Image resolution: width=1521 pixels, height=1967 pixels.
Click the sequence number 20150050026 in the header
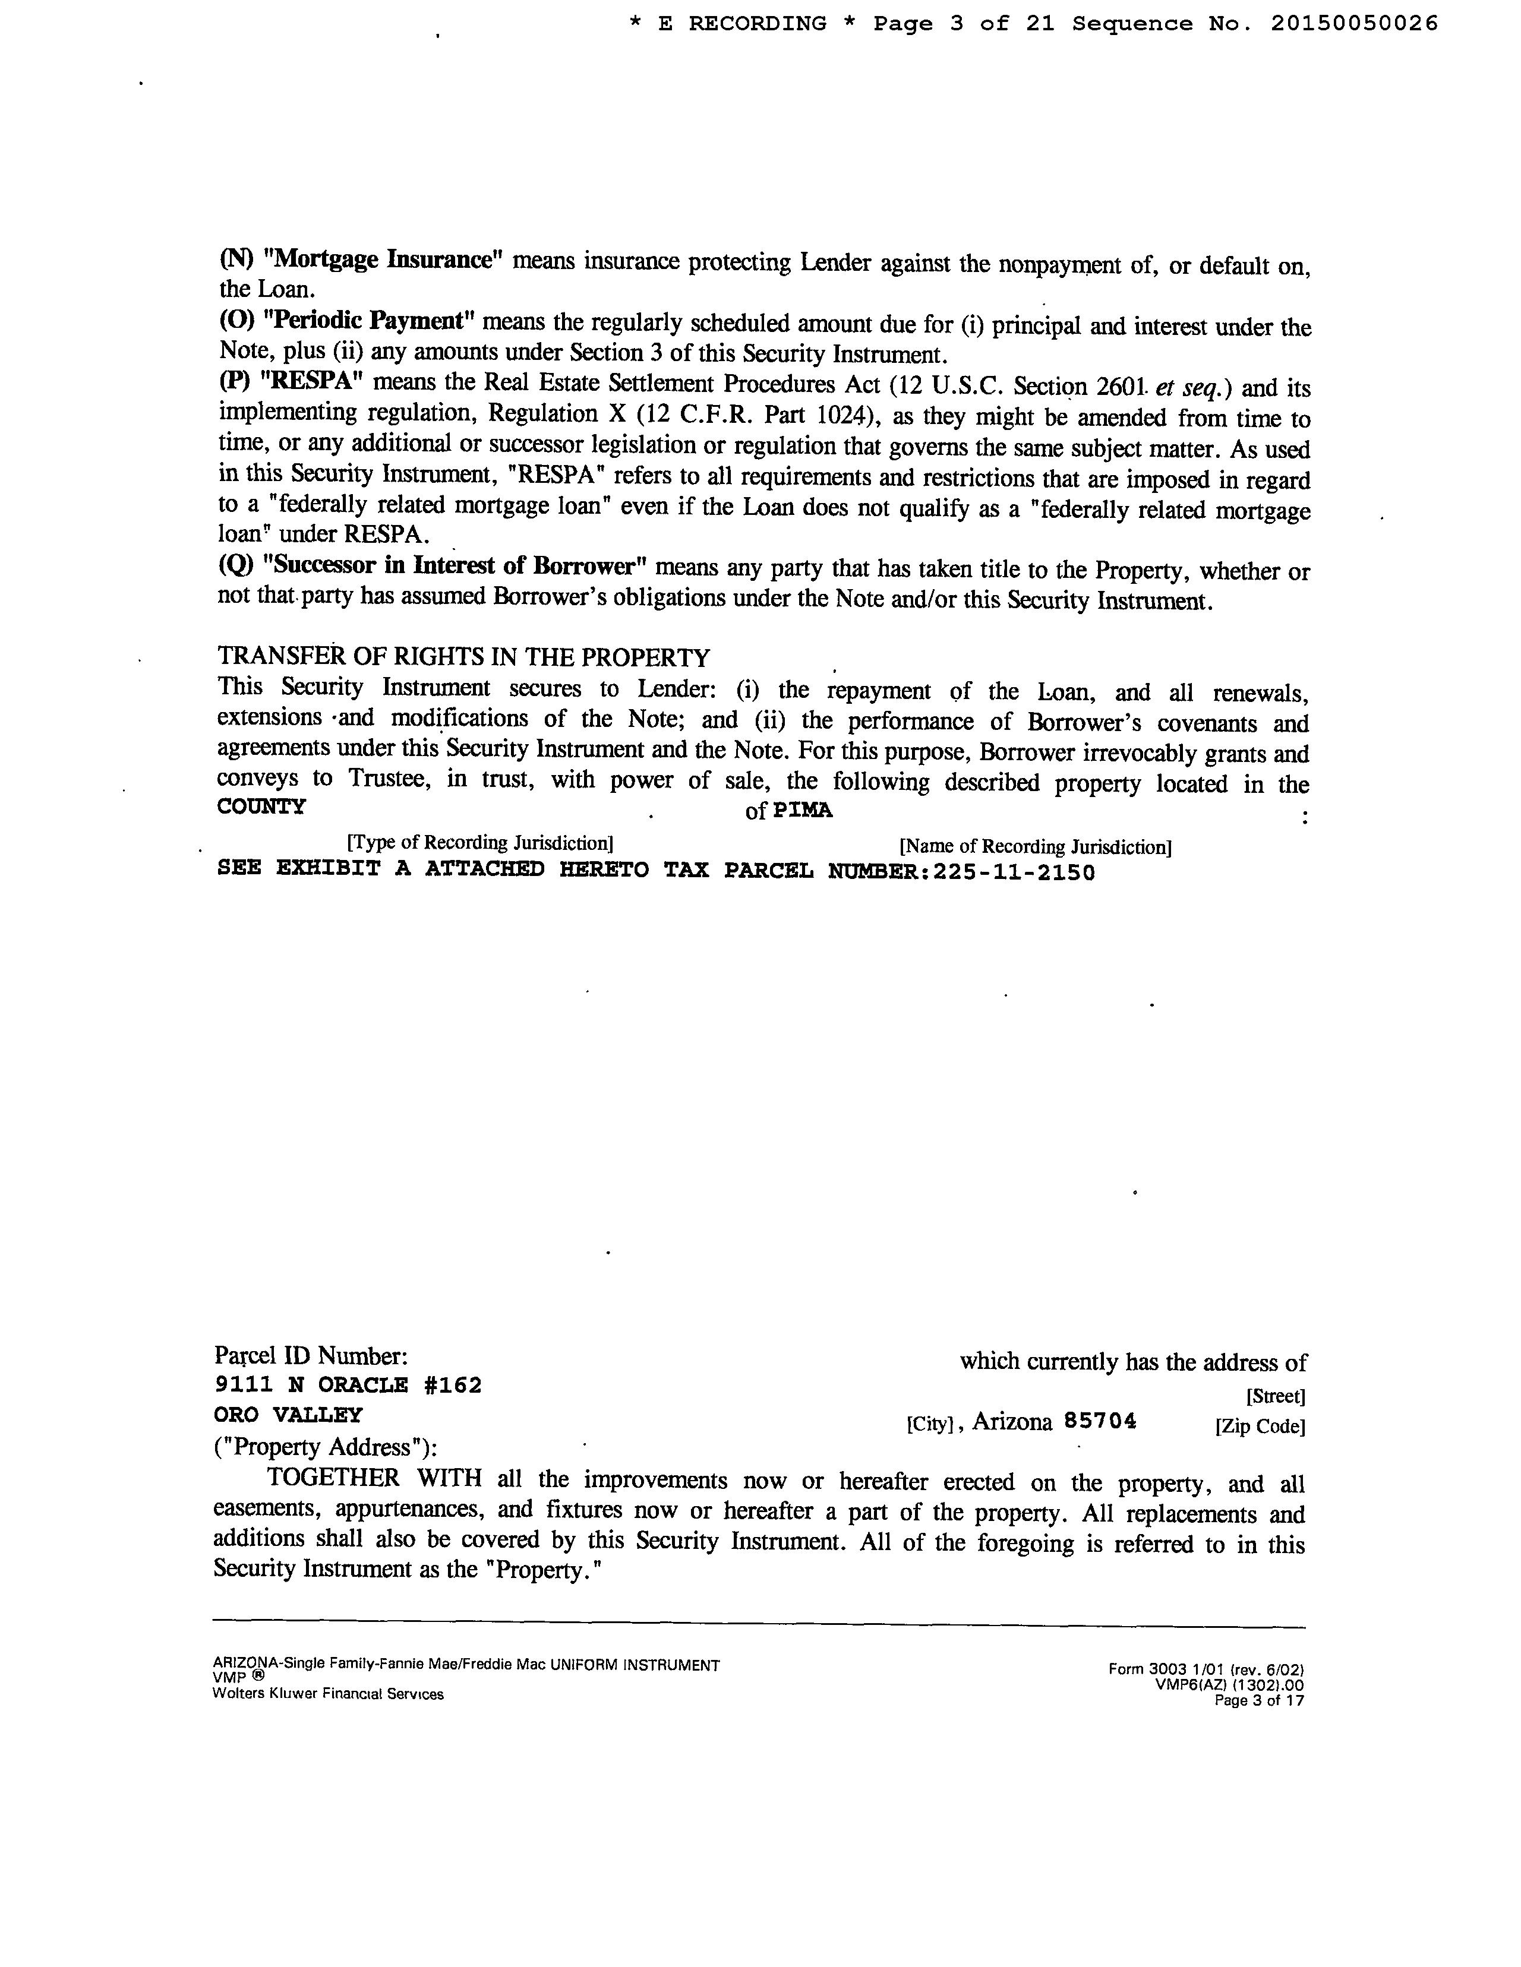pyautogui.click(x=1353, y=24)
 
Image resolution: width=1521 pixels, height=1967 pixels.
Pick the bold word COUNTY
pyautogui.click(x=261, y=807)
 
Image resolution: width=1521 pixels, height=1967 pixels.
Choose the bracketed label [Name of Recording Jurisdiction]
pyautogui.click(x=1036, y=846)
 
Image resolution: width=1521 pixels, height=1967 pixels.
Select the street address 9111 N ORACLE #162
pyautogui.click(x=348, y=1385)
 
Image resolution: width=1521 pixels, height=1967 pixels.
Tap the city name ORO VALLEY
pyautogui.click(x=288, y=1415)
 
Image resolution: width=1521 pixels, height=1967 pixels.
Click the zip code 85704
pyautogui.click(x=1100, y=1421)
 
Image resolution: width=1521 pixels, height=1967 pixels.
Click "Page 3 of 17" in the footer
pyautogui.click(x=1259, y=1702)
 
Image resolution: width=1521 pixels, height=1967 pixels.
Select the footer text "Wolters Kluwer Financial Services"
pyautogui.click(x=328, y=1694)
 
